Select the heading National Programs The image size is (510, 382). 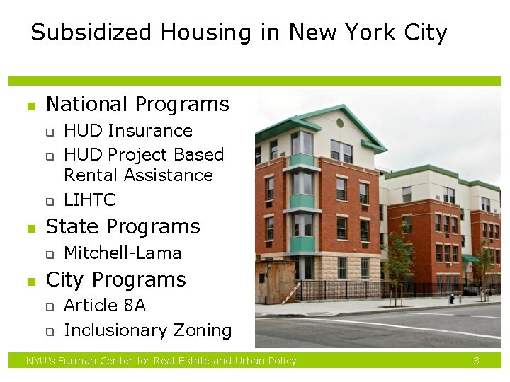[x=137, y=105]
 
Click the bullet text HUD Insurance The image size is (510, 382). [x=128, y=131]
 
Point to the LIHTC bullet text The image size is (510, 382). [x=89, y=200]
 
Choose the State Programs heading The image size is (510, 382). [x=123, y=226]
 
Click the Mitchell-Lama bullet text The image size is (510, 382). [x=123, y=253]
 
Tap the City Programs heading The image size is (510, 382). [x=115, y=279]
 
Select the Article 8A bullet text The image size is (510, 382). [x=105, y=306]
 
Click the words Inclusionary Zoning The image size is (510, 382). [x=147, y=330]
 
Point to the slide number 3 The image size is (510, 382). [x=477, y=361]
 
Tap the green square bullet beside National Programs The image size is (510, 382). [x=31, y=107]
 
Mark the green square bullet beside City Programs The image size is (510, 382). [x=31, y=282]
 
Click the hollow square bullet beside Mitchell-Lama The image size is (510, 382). [x=50, y=255]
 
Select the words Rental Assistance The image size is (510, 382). [x=138, y=175]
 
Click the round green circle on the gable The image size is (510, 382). [x=339, y=123]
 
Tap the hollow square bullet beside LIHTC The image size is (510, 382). [x=50, y=202]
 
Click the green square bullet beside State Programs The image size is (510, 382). [x=31, y=228]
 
